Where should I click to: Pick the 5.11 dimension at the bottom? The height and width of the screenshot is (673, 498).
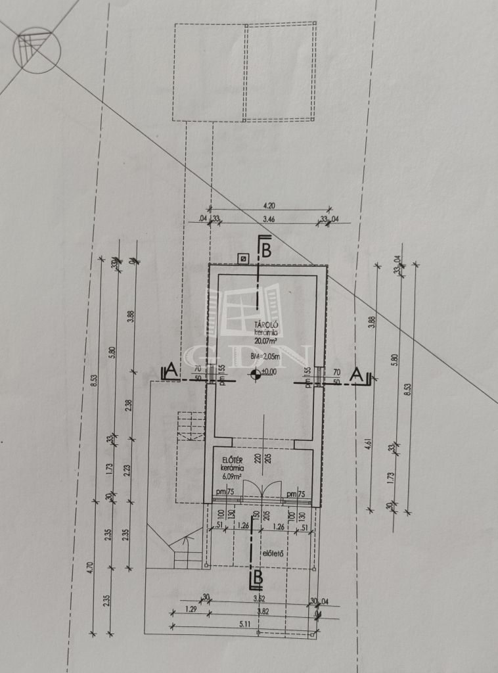pos(261,624)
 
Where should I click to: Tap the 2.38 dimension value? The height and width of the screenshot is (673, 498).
pos(130,406)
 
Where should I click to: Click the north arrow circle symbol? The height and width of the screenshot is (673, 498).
pos(37,50)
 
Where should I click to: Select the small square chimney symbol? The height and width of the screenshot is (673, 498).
pos(244,259)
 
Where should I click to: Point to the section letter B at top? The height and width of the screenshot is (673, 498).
pos(266,250)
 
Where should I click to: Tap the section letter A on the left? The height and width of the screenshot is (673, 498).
pos(171,371)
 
